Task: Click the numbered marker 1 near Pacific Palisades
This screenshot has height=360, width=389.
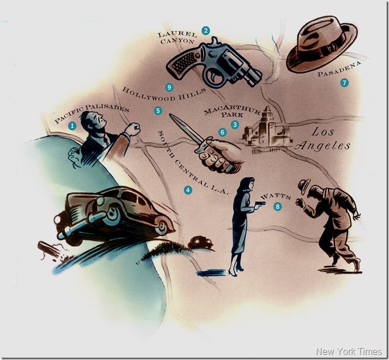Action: pyautogui.click(x=72, y=126)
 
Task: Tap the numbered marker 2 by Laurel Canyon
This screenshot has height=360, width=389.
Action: pyautogui.click(x=206, y=31)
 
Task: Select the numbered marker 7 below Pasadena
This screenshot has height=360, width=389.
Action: pyautogui.click(x=344, y=82)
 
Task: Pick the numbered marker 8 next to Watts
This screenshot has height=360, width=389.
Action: pyautogui.click(x=278, y=206)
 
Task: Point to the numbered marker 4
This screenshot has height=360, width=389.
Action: pyautogui.click(x=188, y=190)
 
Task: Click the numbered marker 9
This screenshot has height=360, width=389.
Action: pyautogui.click(x=169, y=87)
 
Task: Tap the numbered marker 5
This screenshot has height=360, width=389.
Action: pyautogui.click(x=158, y=110)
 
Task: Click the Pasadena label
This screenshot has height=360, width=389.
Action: pyautogui.click(x=340, y=69)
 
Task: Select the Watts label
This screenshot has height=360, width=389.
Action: pyautogui.click(x=275, y=197)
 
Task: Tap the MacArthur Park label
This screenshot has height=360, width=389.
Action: pyautogui.click(x=232, y=112)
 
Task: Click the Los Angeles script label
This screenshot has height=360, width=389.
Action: pyautogui.click(x=322, y=139)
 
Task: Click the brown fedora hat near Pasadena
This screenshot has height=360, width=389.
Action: pyautogui.click(x=322, y=44)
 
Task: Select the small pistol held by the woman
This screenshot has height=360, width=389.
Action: pyautogui.click(x=260, y=204)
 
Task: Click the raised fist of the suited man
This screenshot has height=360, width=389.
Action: pyautogui.click(x=133, y=129)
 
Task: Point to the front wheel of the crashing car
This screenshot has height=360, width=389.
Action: pyautogui.click(x=112, y=216)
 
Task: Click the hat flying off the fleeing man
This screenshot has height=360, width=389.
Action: pyautogui.click(x=304, y=186)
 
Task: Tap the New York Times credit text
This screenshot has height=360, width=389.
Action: pyautogui.click(x=349, y=351)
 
